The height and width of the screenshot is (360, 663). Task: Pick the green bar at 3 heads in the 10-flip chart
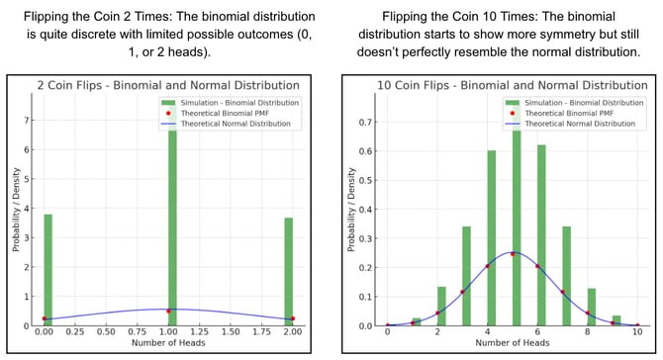click(x=466, y=276)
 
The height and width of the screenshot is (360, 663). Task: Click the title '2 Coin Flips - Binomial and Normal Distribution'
click(x=168, y=85)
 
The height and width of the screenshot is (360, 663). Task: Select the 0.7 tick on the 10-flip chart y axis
click(x=365, y=125)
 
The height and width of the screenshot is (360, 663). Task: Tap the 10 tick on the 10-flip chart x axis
click(x=637, y=333)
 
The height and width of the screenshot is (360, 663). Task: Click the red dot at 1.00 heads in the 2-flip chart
click(x=168, y=311)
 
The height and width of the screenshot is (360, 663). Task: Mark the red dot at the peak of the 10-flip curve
click(x=514, y=253)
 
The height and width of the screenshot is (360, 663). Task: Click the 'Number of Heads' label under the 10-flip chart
click(x=513, y=345)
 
